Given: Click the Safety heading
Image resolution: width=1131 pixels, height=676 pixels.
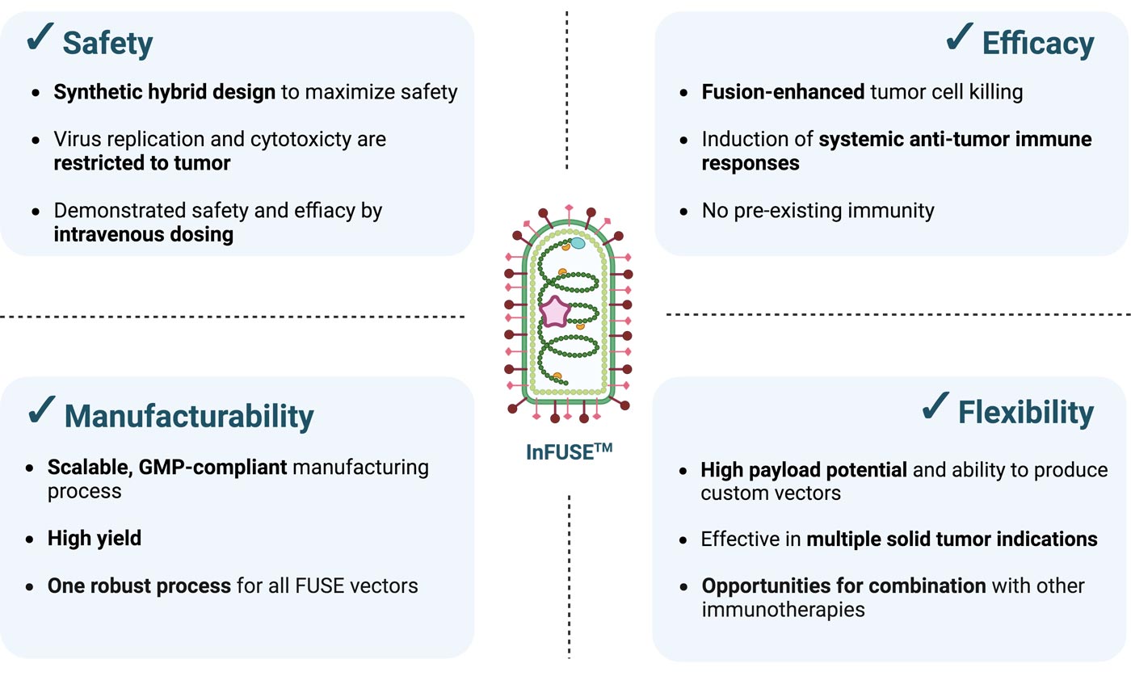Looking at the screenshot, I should [x=107, y=43].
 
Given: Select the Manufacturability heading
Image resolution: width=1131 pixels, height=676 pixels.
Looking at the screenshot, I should [x=189, y=416].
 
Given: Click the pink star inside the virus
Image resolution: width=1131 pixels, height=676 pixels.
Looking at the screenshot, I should [x=555, y=311].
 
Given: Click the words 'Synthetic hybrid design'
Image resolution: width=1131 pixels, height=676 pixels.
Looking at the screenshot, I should [x=164, y=92].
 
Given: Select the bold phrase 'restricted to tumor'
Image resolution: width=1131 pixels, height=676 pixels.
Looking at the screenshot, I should [x=141, y=162].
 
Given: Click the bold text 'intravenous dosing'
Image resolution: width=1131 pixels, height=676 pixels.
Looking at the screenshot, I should [x=143, y=234].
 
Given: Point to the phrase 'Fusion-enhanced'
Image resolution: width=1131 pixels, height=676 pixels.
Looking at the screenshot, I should [x=783, y=92].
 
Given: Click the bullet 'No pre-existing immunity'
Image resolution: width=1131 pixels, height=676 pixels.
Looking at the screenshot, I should [x=818, y=212].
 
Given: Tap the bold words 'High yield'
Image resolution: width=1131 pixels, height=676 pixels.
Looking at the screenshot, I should [x=94, y=538].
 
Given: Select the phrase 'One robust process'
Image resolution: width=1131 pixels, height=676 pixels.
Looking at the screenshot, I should [x=139, y=585].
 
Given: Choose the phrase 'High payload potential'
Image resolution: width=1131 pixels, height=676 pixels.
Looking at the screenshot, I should [x=803, y=469].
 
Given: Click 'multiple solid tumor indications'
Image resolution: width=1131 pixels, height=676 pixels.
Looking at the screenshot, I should [x=952, y=539].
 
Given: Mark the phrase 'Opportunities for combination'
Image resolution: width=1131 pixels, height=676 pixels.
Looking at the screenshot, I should [x=843, y=586].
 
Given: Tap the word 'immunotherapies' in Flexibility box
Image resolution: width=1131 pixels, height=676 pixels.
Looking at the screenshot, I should [x=782, y=609].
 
